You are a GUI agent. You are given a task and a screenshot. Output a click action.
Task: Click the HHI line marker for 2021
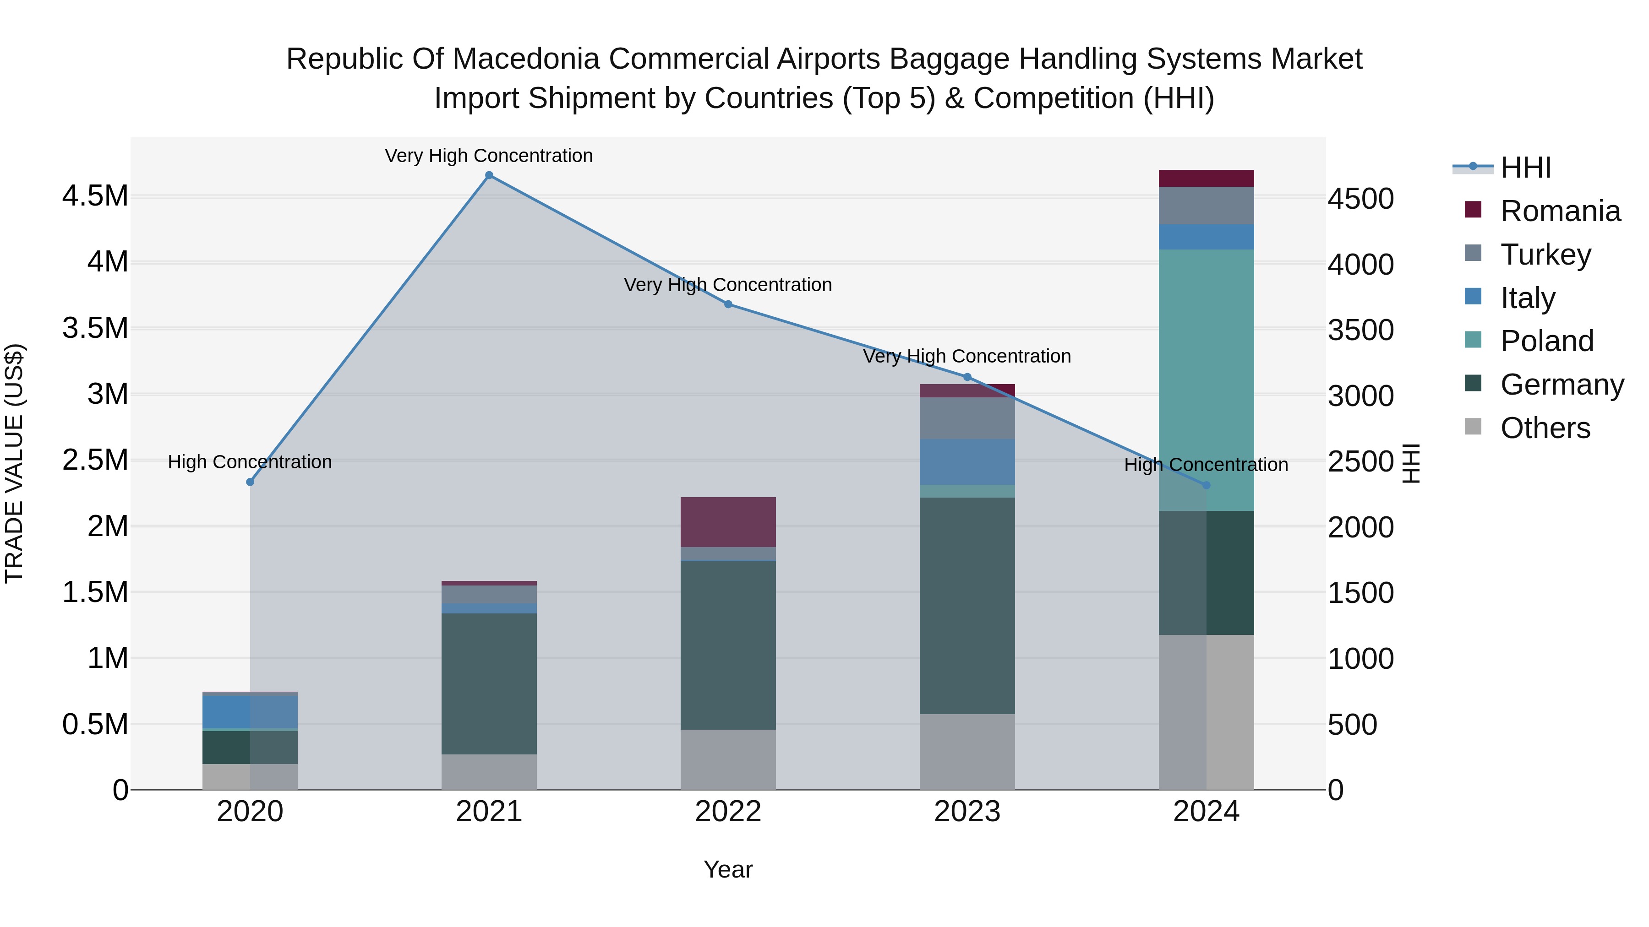489,175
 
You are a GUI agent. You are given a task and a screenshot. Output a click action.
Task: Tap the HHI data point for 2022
728,304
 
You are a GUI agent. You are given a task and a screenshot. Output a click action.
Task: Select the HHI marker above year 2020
250,482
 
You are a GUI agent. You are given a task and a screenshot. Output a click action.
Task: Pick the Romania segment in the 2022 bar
728,522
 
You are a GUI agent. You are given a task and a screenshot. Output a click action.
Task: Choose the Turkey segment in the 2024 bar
1206,206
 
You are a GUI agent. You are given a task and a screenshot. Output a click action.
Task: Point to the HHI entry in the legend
1525,168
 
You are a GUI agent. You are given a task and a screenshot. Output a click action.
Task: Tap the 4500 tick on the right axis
1360,199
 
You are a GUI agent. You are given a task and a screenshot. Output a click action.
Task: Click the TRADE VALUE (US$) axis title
14,463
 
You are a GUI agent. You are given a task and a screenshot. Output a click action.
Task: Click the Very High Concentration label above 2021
489,156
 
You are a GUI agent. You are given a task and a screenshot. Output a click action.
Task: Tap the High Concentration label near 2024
1206,465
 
